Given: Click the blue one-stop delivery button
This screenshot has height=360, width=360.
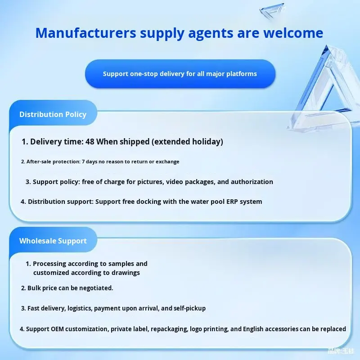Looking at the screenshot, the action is coord(180,74).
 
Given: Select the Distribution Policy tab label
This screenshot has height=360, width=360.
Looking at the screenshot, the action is coord(53,114).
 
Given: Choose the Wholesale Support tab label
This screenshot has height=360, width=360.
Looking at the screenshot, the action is coord(53,241).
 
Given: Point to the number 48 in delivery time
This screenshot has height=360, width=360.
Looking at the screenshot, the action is coord(90,142).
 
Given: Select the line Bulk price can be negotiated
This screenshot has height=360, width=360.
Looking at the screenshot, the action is coord(67,288).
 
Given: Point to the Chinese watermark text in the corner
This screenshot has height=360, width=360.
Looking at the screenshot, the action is coord(342,351).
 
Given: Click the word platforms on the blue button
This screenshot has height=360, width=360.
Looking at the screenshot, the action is coord(241,74).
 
